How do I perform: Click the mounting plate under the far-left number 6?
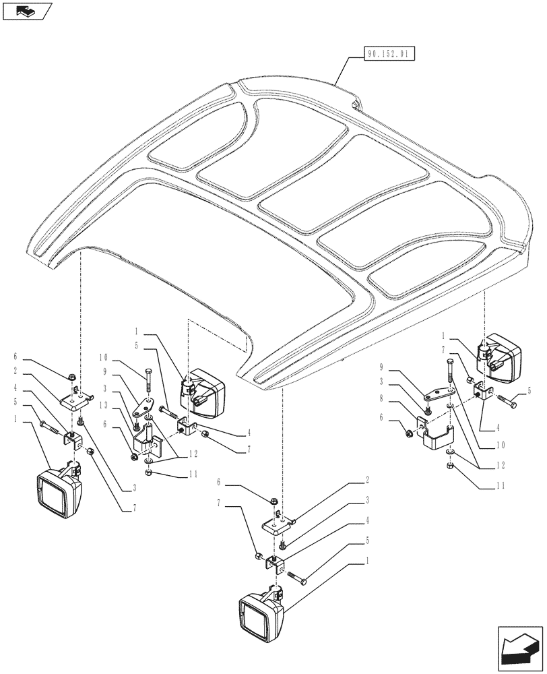point(76,400)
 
